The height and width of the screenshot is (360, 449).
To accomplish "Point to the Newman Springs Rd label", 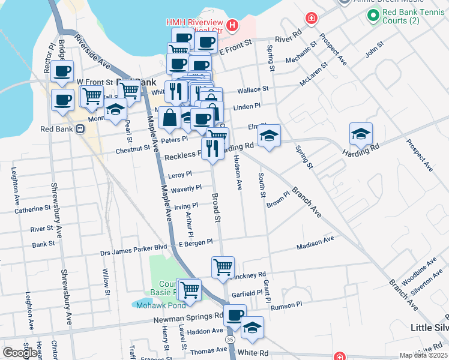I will pos(188,316).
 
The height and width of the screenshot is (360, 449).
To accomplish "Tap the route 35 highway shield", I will pos(231,340).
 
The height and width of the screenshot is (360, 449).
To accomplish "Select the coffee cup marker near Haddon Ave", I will pos(235,314).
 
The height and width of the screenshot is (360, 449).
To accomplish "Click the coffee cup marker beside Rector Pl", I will pos(62,71).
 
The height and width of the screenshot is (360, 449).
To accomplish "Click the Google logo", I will pos(20,353).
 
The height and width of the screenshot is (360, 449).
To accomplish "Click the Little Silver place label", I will pos(429,328).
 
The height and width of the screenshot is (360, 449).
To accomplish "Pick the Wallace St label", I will pos(252,90).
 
